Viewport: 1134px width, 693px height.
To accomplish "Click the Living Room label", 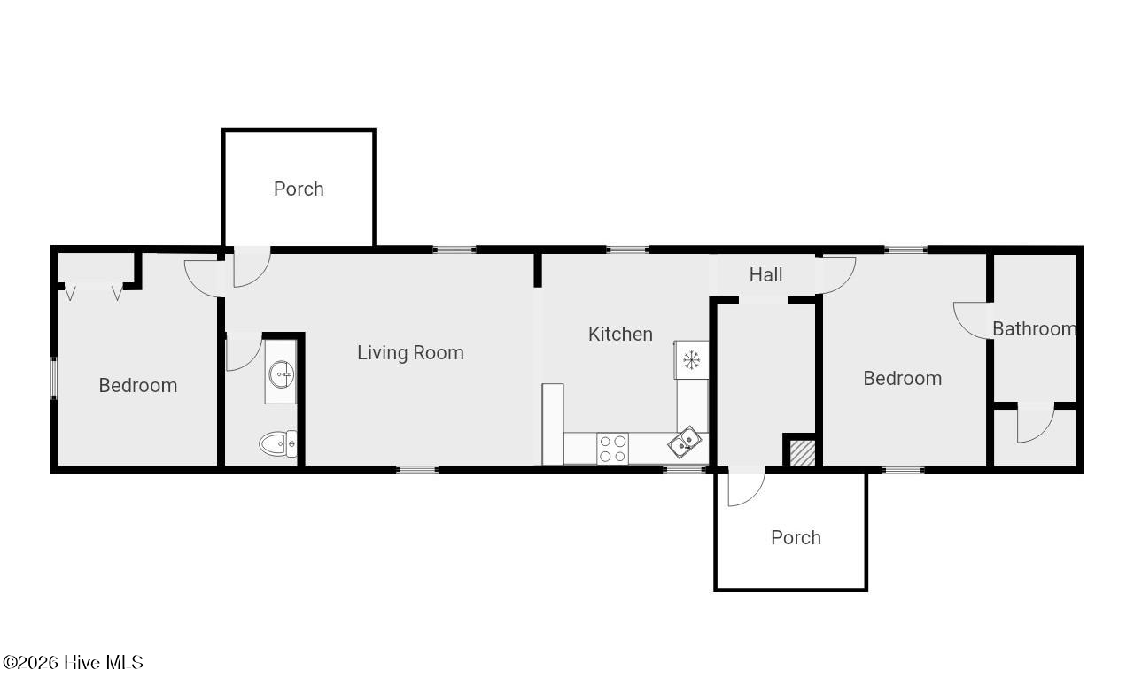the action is click(410, 352).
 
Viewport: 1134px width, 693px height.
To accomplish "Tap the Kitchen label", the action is click(620, 334).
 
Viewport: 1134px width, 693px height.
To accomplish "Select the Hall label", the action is click(765, 274).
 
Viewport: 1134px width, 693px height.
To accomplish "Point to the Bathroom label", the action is click(1034, 328).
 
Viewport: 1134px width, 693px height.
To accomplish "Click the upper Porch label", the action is click(299, 189).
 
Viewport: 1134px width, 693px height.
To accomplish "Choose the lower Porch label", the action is click(796, 537).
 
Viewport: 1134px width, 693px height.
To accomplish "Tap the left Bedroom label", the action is click(137, 386).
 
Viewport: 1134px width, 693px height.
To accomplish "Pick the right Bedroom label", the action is click(902, 379).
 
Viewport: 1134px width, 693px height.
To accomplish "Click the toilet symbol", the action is click(278, 443).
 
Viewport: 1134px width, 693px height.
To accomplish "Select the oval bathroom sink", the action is click(282, 374).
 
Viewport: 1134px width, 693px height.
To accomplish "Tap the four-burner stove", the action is click(612, 449).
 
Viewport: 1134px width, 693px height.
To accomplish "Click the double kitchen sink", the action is click(685, 443).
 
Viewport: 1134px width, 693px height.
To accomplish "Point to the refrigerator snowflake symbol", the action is click(691, 360).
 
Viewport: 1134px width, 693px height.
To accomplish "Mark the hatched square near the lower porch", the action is click(803, 453).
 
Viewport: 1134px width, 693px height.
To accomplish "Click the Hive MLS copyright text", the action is click(73, 662).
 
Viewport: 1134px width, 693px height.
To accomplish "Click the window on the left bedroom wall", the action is click(54, 378).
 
